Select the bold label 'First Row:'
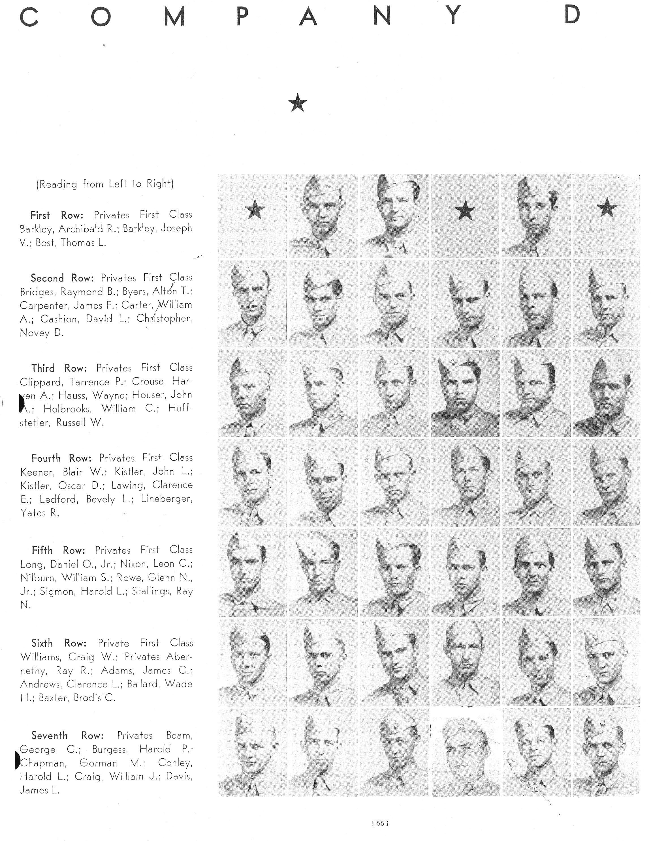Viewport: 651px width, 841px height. coord(57,215)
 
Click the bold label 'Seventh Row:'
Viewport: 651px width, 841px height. coord(67,735)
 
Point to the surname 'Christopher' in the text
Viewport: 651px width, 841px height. coord(163,319)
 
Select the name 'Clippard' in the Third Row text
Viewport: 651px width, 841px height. coord(41,382)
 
